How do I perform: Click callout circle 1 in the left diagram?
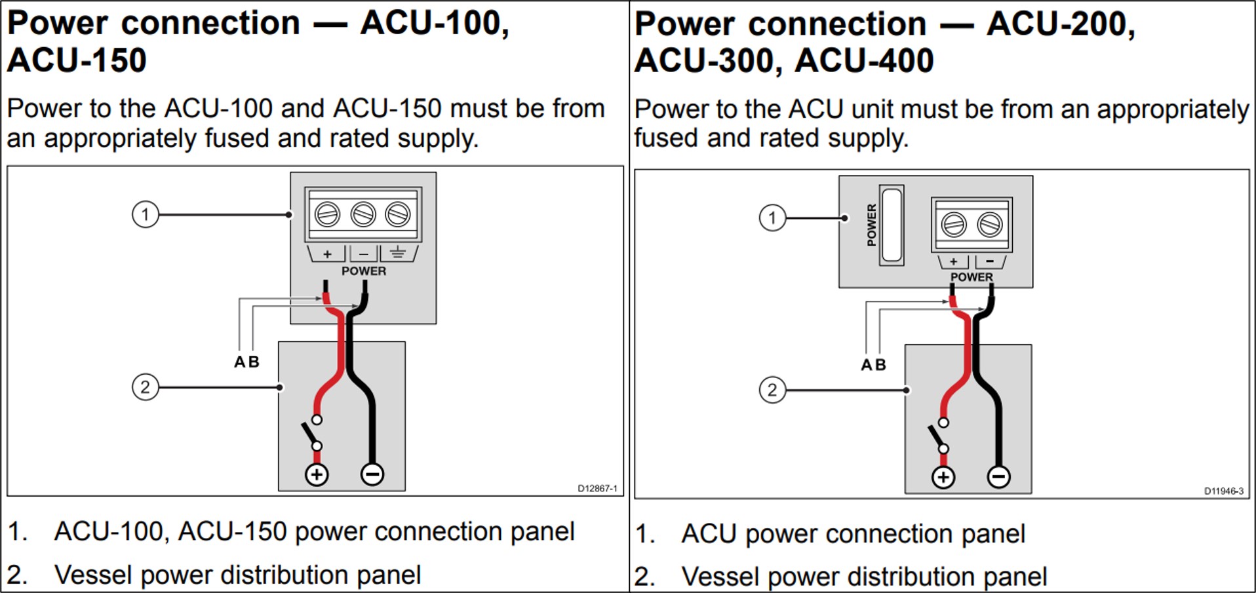[146, 214]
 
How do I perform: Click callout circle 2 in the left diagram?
[146, 387]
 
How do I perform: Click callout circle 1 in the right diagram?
[772, 218]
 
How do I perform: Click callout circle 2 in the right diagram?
[772, 391]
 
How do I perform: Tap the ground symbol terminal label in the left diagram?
[397, 253]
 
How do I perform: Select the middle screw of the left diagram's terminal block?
[363, 214]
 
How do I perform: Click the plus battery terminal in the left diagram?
[317, 474]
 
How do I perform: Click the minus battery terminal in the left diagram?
[372, 474]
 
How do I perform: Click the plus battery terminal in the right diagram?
[943, 477]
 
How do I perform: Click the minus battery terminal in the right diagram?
[999, 477]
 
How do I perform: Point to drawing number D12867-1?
[597, 488]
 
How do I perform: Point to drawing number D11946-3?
[1223, 491]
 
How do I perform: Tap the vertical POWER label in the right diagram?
[871, 225]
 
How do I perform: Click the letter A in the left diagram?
[240, 362]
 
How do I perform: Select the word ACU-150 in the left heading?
[77, 60]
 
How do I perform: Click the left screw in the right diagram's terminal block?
[954, 225]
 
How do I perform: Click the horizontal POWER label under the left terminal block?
[364, 271]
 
